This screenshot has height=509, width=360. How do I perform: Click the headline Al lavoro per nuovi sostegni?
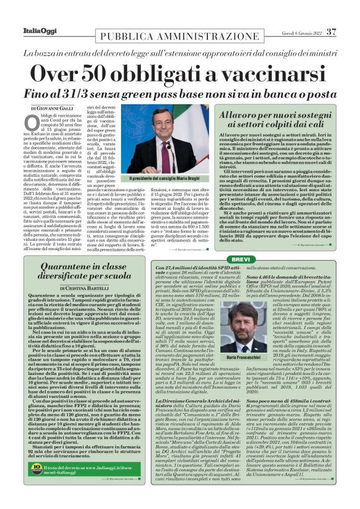click(276, 116)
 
